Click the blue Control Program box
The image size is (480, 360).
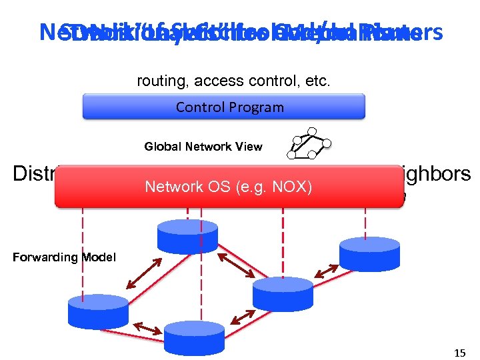click(223, 107)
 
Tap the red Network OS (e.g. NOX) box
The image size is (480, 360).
click(230, 187)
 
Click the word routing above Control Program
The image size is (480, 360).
click(158, 82)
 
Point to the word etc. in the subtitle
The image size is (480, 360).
click(317, 82)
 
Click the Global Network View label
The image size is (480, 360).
click(203, 147)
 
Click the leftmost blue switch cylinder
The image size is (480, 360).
click(97, 311)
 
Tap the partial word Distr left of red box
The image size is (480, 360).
click(33, 174)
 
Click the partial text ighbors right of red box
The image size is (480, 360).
click(437, 174)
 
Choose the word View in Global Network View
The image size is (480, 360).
click(249, 147)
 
